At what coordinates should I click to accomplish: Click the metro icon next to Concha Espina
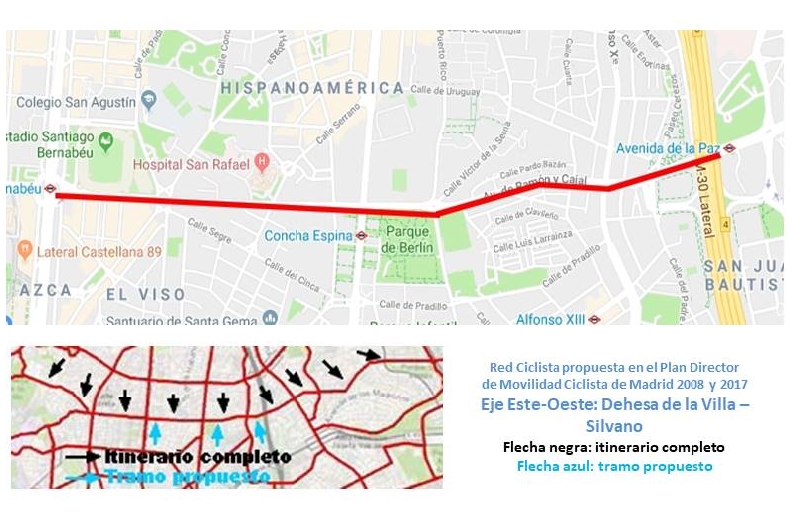pyautogui.click(x=362, y=236)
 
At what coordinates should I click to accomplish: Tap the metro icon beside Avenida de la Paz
pyautogui.click(x=730, y=149)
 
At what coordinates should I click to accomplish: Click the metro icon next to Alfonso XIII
pyautogui.click(x=594, y=320)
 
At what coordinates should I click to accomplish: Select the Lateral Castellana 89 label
pyautogui.click(x=99, y=252)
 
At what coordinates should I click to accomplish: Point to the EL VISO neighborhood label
pyautogui.click(x=146, y=294)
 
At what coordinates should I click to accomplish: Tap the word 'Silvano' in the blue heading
pyautogui.click(x=614, y=425)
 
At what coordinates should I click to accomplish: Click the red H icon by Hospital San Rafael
pyautogui.click(x=262, y=159)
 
